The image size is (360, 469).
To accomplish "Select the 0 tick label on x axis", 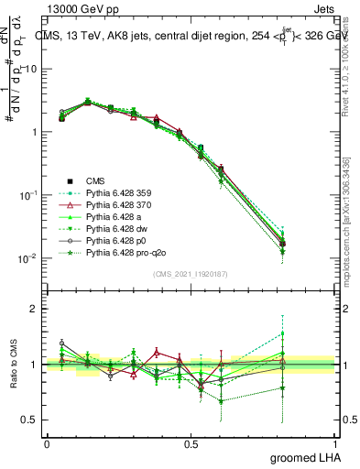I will point(47,442).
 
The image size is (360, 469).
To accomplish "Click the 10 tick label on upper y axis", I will point(30,69).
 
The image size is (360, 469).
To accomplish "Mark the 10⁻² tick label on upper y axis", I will point(27,258).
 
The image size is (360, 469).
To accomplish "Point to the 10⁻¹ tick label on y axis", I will point(27,195).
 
